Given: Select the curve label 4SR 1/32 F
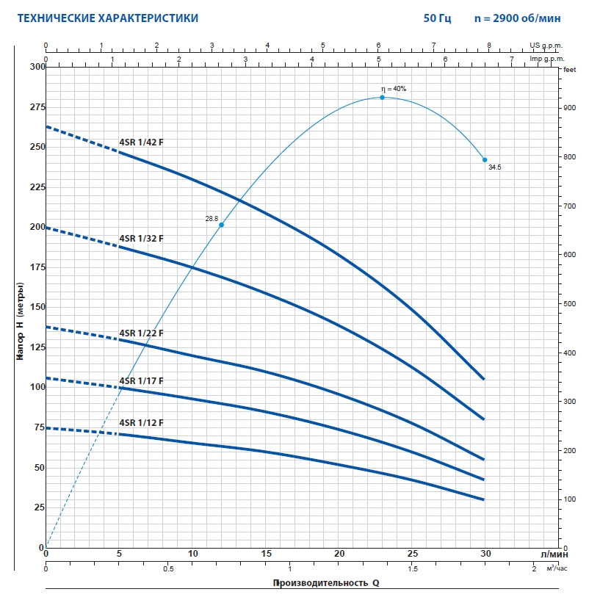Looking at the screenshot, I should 141,238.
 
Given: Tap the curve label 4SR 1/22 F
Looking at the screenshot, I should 141,333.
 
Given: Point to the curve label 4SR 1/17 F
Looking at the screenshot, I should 141,380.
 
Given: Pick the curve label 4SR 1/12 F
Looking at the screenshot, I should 141,422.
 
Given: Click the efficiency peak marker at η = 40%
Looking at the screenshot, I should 382,97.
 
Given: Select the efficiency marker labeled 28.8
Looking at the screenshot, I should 221,225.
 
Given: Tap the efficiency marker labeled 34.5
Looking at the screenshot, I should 485,159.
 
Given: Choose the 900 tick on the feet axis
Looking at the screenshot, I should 569,108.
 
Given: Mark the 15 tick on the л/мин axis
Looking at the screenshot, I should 266,554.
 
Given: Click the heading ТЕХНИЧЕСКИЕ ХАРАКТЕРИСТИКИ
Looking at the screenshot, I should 107,17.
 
